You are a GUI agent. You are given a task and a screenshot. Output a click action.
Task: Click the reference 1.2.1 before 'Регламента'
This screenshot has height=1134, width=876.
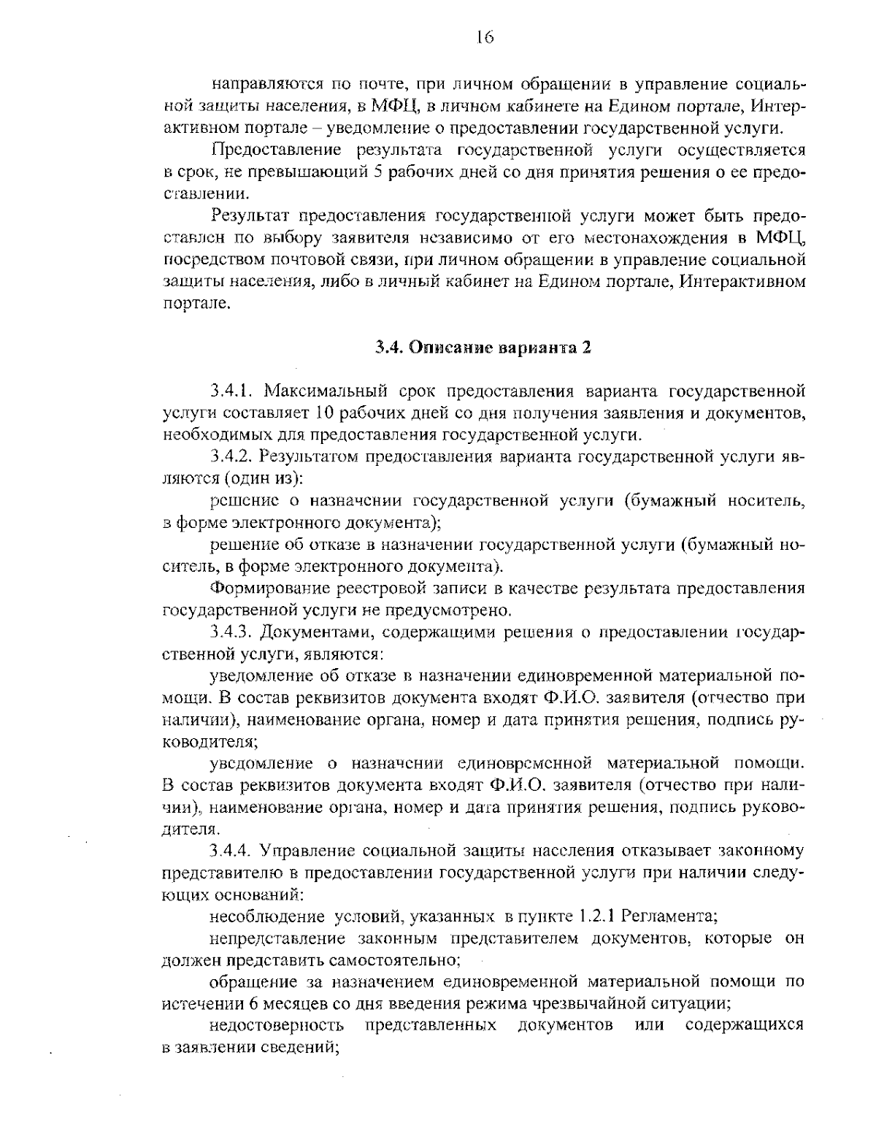click(x=597, y=916)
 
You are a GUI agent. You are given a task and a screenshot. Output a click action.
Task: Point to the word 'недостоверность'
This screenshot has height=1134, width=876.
click(x=277, y=1025)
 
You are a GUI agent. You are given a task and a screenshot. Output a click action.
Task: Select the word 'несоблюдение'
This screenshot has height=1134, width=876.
click(x=266, y=916)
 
